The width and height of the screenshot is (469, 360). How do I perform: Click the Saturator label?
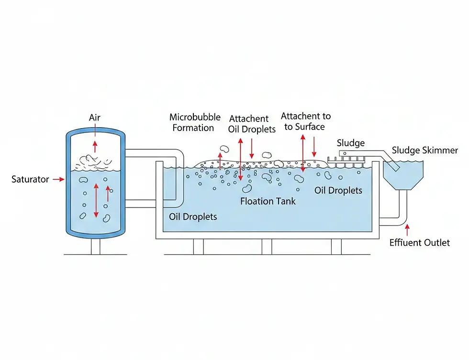tap(30, 179)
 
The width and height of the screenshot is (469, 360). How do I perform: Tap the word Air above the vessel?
tap(95, 118)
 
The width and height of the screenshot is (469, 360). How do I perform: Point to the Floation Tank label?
tap(268, 201)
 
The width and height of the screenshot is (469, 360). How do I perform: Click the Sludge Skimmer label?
tap(424, 151)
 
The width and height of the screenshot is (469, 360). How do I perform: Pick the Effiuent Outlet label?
tap(419, 242)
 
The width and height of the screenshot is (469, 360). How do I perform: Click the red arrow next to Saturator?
tap(59, 179)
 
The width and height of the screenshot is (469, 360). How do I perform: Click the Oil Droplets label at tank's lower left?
tap(193, 217)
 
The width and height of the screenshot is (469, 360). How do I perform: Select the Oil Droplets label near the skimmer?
tap(338, 190)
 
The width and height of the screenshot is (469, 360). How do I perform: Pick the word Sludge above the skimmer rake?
tap(350, 143)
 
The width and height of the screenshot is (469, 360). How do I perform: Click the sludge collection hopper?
tap(404, 175)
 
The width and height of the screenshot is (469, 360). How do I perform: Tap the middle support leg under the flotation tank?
tap(267, 246)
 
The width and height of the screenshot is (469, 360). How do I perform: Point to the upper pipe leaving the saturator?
tap(153, 153)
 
